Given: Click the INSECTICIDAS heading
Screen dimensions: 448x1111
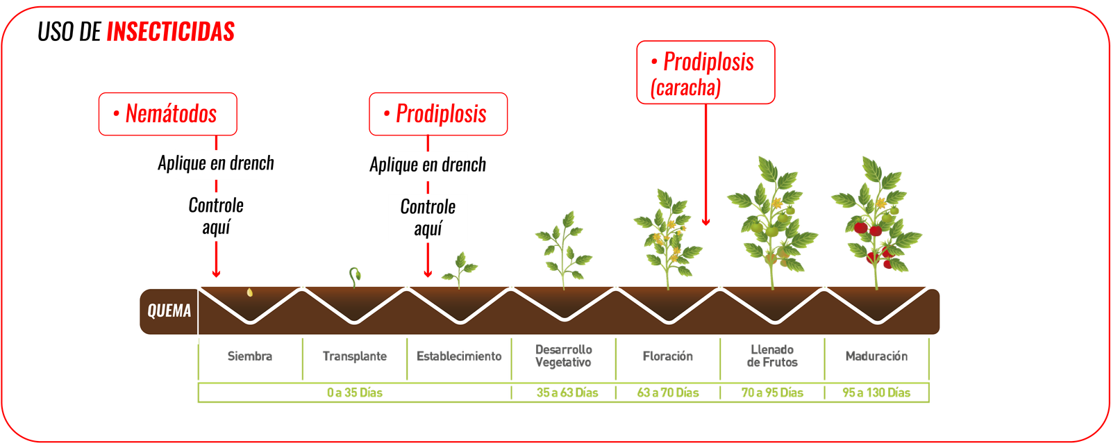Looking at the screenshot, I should pos(170,32).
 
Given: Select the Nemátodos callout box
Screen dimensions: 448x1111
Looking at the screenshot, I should pos(167,114).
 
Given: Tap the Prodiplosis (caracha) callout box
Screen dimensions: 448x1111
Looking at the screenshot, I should pos(705,73).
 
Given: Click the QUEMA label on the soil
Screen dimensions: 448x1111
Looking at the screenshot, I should pos(169,310).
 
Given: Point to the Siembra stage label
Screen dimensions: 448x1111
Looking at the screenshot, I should pos(250,356).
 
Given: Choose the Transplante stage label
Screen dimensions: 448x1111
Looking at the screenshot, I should pos(354,356).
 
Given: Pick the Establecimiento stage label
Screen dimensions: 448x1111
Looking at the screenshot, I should pos(459,356).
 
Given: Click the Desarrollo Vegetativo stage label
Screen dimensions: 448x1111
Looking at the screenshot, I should pos(563,356).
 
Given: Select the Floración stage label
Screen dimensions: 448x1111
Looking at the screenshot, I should pos(667,356).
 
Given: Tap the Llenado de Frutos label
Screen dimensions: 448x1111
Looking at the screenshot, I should pos(772,356).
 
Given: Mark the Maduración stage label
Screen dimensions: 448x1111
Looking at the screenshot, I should pos(876,356).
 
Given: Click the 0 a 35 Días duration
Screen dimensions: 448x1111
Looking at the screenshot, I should pos(354,392).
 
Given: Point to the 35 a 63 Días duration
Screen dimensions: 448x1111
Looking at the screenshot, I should pos(567,392).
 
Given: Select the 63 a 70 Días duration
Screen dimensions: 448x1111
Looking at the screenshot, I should pos(668,392).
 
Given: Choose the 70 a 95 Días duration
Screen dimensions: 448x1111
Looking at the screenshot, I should pos(772,392).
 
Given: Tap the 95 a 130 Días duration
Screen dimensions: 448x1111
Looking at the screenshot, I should pos(876,392).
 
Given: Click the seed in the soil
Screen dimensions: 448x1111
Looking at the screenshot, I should pos(249,292).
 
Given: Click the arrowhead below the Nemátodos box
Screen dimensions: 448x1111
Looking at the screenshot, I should pos(216,274).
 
